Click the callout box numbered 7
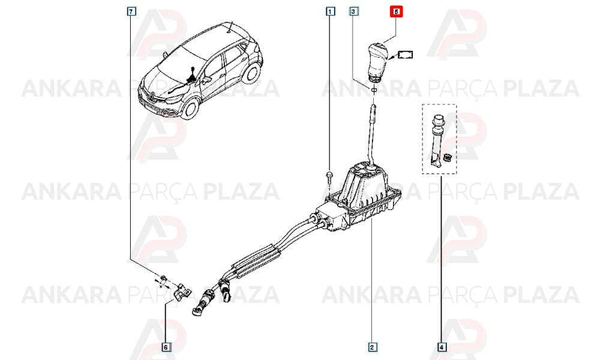tap(131, 12)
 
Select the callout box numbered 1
tap(330, 11)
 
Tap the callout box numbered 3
tap(353, 11)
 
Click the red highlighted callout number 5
tap(397, 12)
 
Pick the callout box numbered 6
tap(166, 347)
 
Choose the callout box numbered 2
tap(371, 347)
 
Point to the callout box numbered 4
tap(442, 347)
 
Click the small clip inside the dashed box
tap(447, 157)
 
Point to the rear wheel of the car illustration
tap(253, 74)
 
